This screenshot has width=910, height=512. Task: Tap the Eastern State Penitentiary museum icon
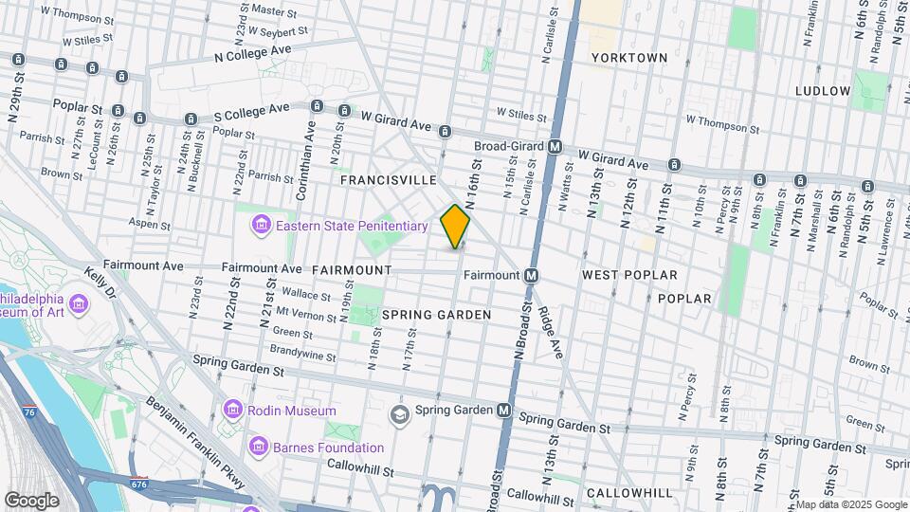click(x=259, y=226)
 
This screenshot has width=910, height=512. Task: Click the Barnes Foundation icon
click(x=259, y=447)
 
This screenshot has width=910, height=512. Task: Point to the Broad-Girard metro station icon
click(x=556, y=147)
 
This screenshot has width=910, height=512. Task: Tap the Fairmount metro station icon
click(x=532, y=275)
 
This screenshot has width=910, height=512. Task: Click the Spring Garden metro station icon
click(x=505, y=411)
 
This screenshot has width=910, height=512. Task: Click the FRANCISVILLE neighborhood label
click(x=389, y=179)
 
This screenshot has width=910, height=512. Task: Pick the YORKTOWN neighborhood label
click(x=629, y=58)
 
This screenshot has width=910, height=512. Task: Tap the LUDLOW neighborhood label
click(x=823, y=91)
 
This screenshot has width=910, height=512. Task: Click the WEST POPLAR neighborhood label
click(x=629, y=275)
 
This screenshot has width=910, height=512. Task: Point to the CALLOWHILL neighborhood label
click(x=629, y=493)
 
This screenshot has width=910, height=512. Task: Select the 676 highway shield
click(x=139, y=483)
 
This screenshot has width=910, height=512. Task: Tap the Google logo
click(x=31, y=500)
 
